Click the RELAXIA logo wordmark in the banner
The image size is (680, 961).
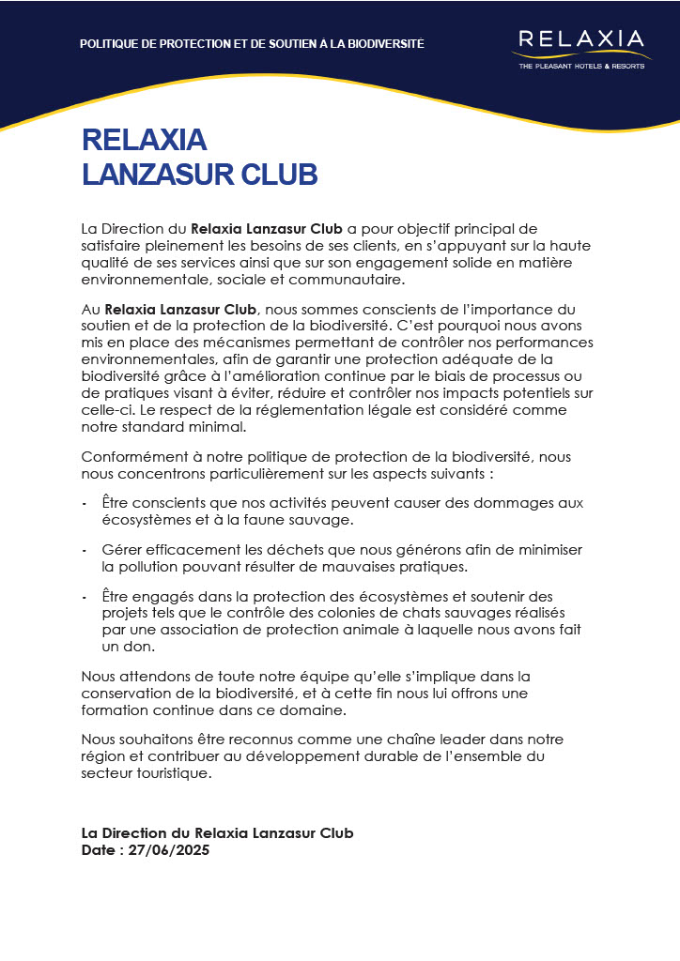581,40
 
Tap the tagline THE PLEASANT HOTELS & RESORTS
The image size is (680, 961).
581,67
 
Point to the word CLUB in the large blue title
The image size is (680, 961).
279,174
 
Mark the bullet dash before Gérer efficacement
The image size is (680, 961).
85,550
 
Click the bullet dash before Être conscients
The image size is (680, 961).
85,503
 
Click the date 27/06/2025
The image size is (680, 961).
169,850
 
